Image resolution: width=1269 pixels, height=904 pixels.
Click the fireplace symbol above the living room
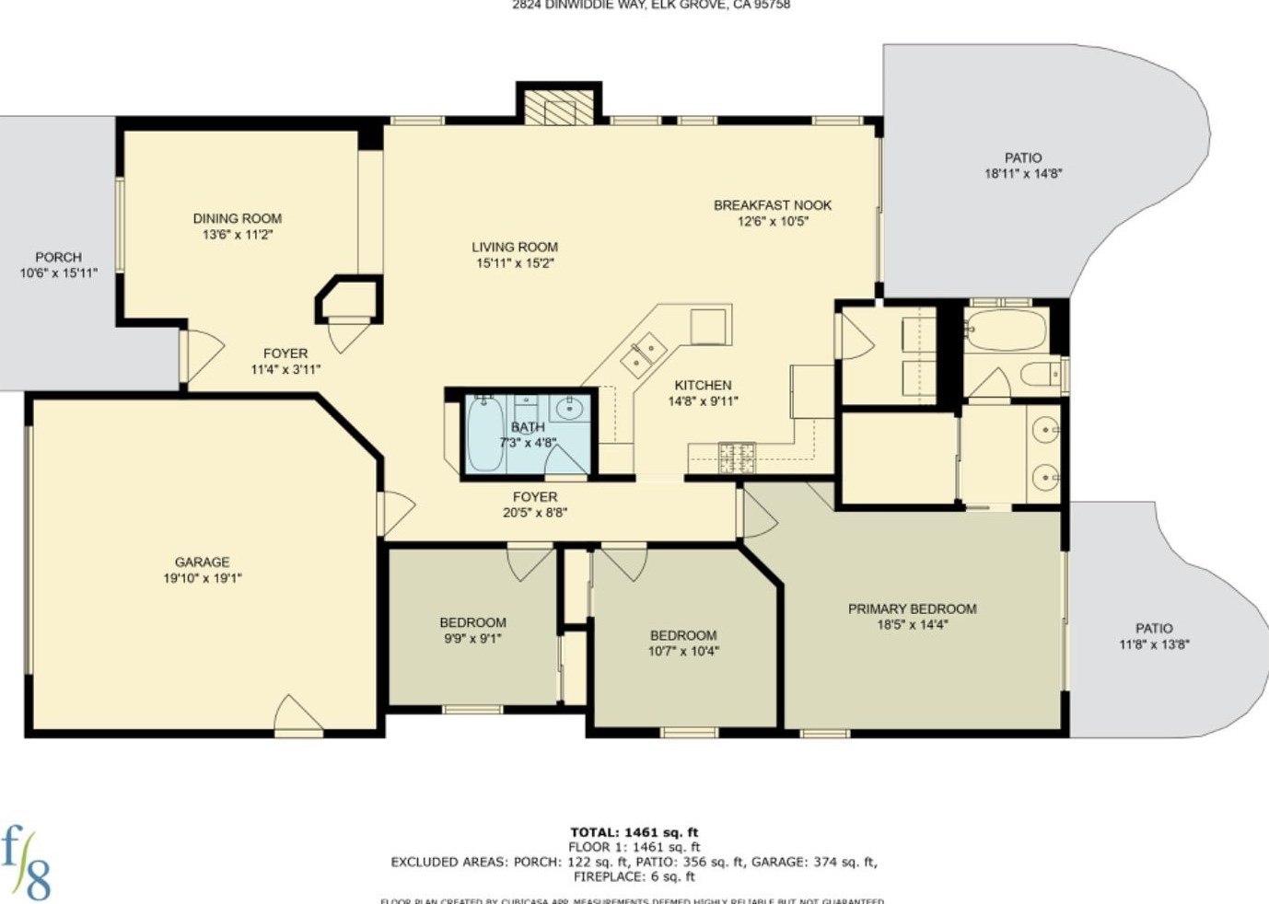[559, 109]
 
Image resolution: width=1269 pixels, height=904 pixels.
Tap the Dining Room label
[237, 219]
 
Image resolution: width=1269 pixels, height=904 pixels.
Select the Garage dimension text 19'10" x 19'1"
[203, 578]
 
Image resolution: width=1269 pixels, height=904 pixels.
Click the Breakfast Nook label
[772, 205]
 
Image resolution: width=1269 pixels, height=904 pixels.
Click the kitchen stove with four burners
[736, 455]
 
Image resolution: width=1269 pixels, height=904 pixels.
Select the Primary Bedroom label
[912, 608]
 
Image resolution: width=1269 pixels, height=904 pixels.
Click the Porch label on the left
[58, 258]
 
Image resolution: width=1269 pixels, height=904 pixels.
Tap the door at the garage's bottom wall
[298, 716]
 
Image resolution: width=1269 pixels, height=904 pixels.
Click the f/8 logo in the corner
[26, 862]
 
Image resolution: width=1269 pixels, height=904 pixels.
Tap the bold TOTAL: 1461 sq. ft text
[634, 832]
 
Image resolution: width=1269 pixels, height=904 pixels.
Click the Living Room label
[515, 247]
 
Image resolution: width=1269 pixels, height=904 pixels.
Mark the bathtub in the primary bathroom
[1006, 330]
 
